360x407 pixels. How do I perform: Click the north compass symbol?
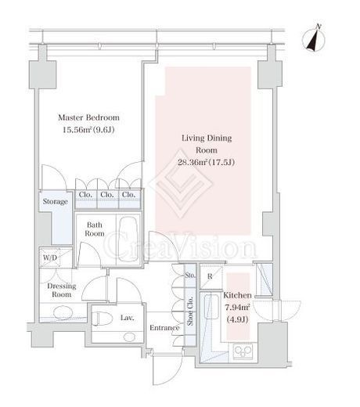pos(314,40)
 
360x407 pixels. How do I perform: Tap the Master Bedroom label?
pos(88,117)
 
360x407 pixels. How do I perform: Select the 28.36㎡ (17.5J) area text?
pos(206,162)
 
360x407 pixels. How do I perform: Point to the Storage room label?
pos(56,201)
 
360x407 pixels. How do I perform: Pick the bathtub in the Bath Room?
pos(128,239)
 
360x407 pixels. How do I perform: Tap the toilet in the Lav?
pos(103,319)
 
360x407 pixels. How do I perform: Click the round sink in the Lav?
pos(129,337)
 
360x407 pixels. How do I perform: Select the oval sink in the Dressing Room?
pos(63,312)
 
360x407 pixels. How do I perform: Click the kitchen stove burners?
pos(243,351)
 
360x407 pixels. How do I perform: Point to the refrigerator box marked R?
pos(211,276)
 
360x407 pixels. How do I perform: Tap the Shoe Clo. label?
pos(190,311)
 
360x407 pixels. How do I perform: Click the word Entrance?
pos(164,328)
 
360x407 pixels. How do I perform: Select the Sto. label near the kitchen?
pos(190,276)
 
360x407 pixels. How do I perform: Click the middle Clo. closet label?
pos(107,195)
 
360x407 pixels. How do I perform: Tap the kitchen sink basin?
pos(211,307)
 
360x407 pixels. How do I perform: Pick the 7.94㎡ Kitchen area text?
pos(237,308)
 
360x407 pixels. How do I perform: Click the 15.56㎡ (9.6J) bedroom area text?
pos(88,130)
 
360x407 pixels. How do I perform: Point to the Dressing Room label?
pos(62,290)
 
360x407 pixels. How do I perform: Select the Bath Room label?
pos(95,229)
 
